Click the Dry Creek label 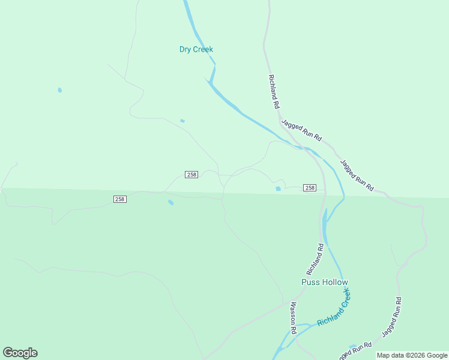pyautogui.click(x=196, y=49)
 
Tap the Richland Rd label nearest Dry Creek pyautogui.click(x=274, y=92)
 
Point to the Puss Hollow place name pyautogui.click(x=324, y=282)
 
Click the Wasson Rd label pyautogui.click(x=294, y=318)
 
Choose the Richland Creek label pyautogui.click(x=334, y=308)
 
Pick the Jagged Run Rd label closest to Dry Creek pyautogui.click(x=302, y=130)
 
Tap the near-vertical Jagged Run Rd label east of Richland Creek pyautogui.click(x=391, y=316)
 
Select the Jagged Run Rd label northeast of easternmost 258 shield pyautogui.click(x=357, y=175)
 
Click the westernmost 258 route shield pyautogui.click(x=120, y=199)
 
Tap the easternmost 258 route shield pyautogui.click(x=310, y=188)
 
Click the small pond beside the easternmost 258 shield pyautogui.click(x=278, y=189)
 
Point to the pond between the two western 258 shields pyautogui.click(x=171, y=202)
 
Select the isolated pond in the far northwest pyautogui.click(x=59, y=90)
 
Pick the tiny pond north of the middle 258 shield pyautogui.click(x=182, y=121)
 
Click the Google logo pyautogui.click(x=20, y=353)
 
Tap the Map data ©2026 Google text pyautogui.click(x=411, y=355)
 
